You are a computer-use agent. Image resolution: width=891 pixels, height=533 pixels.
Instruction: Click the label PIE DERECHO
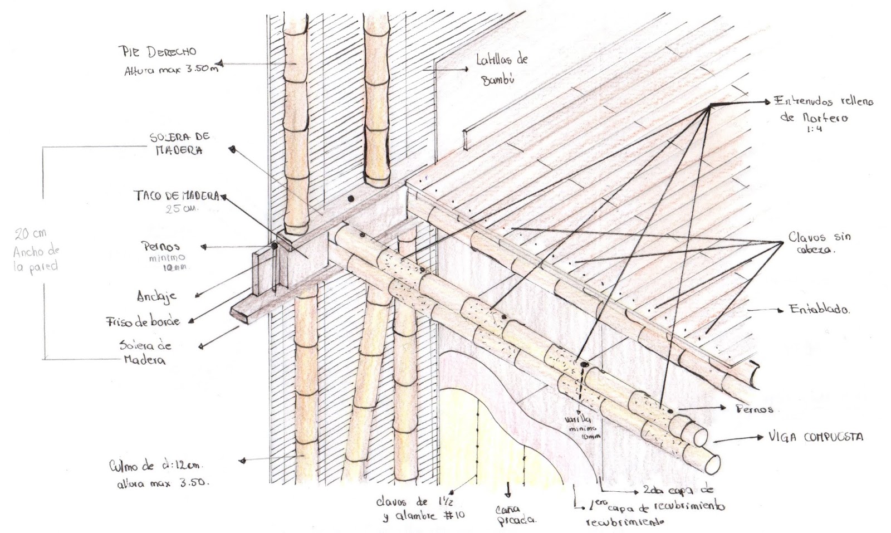point(158,52)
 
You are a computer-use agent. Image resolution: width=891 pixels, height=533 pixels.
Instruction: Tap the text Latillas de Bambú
point(501,69)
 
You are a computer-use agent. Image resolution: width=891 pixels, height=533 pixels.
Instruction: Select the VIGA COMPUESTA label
point(815,437)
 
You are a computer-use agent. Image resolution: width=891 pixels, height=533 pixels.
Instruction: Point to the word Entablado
point(819,310)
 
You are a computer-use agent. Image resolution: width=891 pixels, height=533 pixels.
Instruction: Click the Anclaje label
point(156,296)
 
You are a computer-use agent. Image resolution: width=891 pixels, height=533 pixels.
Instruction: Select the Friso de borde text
point(143,321)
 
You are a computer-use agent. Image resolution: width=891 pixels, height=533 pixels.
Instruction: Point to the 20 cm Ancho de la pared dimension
point(35,251)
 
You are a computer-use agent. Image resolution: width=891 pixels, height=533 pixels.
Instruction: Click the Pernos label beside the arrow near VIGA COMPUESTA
point(755,409)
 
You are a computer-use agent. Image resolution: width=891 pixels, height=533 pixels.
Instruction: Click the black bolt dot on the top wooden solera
point(350,198)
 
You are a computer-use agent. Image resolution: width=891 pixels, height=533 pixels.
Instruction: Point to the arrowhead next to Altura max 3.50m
point(222,63)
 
